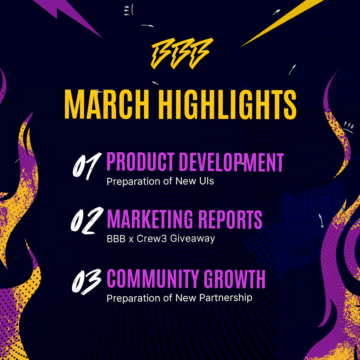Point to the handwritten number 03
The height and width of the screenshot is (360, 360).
click(86, 281)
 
